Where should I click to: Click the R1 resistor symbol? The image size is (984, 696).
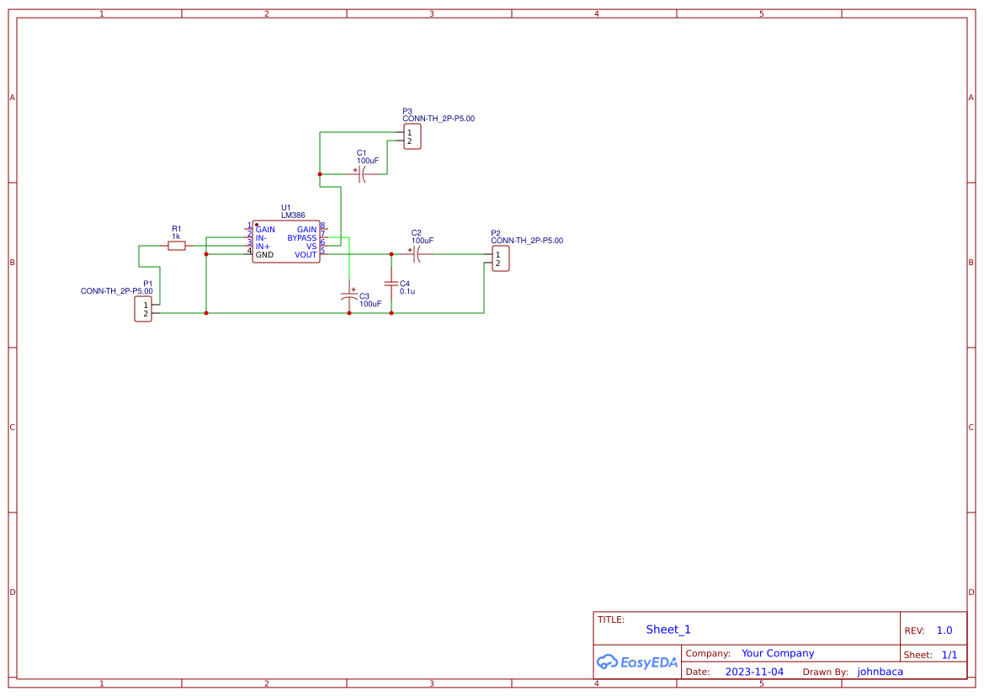pos(177,246)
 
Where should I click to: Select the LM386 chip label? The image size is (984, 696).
pos(293,216)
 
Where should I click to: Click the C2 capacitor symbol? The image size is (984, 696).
pos(416,254)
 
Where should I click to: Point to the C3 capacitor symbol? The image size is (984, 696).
pos(349,295)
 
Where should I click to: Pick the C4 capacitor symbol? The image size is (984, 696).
pos(391,284)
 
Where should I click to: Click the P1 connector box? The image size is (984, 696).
pos(143,309)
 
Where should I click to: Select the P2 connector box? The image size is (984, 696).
pos(501,258)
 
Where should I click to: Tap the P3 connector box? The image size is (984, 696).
pos(412,136)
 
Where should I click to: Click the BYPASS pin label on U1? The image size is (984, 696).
pos(301,238)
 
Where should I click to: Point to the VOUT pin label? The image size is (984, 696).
pos(306,255)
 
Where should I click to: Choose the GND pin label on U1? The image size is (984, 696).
pos(264,255)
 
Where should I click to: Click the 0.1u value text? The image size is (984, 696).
pos(407,291)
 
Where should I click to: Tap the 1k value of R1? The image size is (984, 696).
pos(177,236)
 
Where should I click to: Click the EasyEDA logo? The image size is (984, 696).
pos(637,661)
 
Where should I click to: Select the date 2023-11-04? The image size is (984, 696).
pos(754,672)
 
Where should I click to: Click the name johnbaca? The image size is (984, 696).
pos(880,672)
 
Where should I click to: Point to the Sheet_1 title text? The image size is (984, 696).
pos(668,630)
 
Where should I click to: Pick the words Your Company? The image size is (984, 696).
pos(778,653)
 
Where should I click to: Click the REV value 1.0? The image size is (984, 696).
pos(944,630)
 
